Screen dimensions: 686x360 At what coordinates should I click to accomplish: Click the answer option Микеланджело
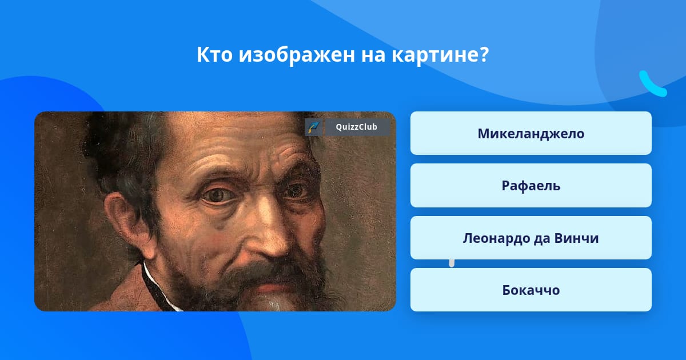tap(531, 133)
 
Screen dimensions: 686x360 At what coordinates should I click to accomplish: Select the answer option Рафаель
tap(531, 186)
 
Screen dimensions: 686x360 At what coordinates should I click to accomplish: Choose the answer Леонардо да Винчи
tap(531, 238)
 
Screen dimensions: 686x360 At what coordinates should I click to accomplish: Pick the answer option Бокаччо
tap(531, 290)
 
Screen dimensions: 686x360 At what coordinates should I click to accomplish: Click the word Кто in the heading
tap(214, 55)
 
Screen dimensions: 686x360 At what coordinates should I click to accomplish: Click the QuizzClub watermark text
tap(356, 127)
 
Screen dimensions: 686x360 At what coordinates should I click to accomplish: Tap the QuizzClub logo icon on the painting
tap(313, 127)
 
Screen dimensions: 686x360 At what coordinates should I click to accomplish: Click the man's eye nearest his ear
tap(218, 195)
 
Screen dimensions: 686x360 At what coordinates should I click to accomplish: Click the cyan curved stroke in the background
tap(652, 84)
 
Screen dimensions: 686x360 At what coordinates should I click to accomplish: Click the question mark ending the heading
tap(483, 55)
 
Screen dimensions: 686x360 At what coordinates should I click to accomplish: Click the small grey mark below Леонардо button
tap(452, 263)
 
